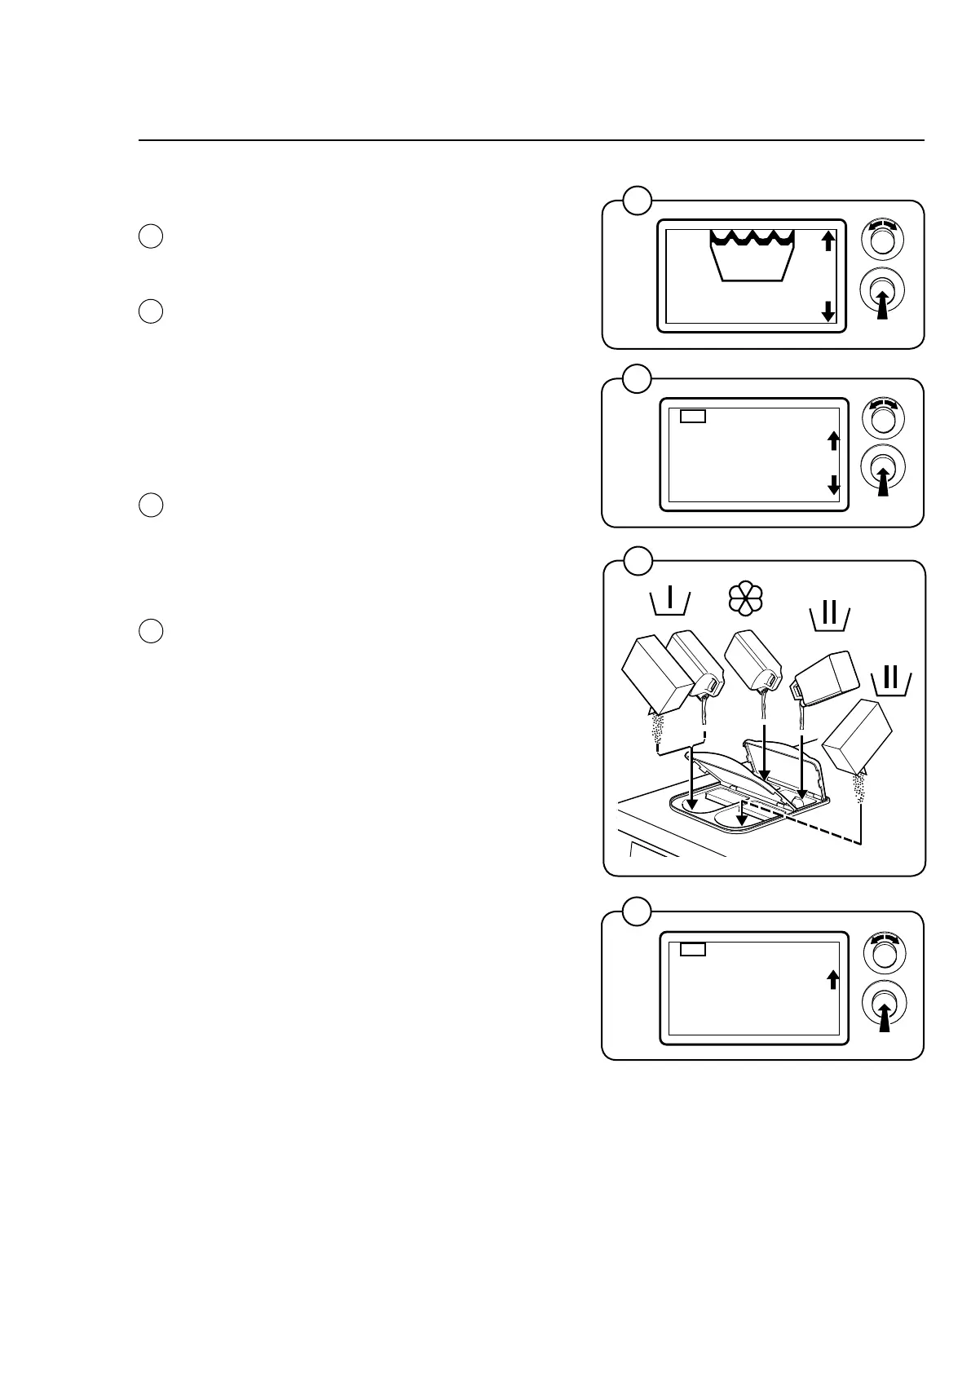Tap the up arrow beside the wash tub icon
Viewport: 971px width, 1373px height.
pos(828,241)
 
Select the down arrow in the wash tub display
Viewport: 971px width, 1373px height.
pos(828,311)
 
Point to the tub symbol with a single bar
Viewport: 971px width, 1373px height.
pos(671,602)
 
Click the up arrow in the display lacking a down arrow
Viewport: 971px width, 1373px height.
pos(832,978)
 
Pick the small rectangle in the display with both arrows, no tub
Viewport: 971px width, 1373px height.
pos(693,416)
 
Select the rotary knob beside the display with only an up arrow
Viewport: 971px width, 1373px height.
pos(881,950)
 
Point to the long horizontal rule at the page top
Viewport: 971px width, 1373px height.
pos(531,140)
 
